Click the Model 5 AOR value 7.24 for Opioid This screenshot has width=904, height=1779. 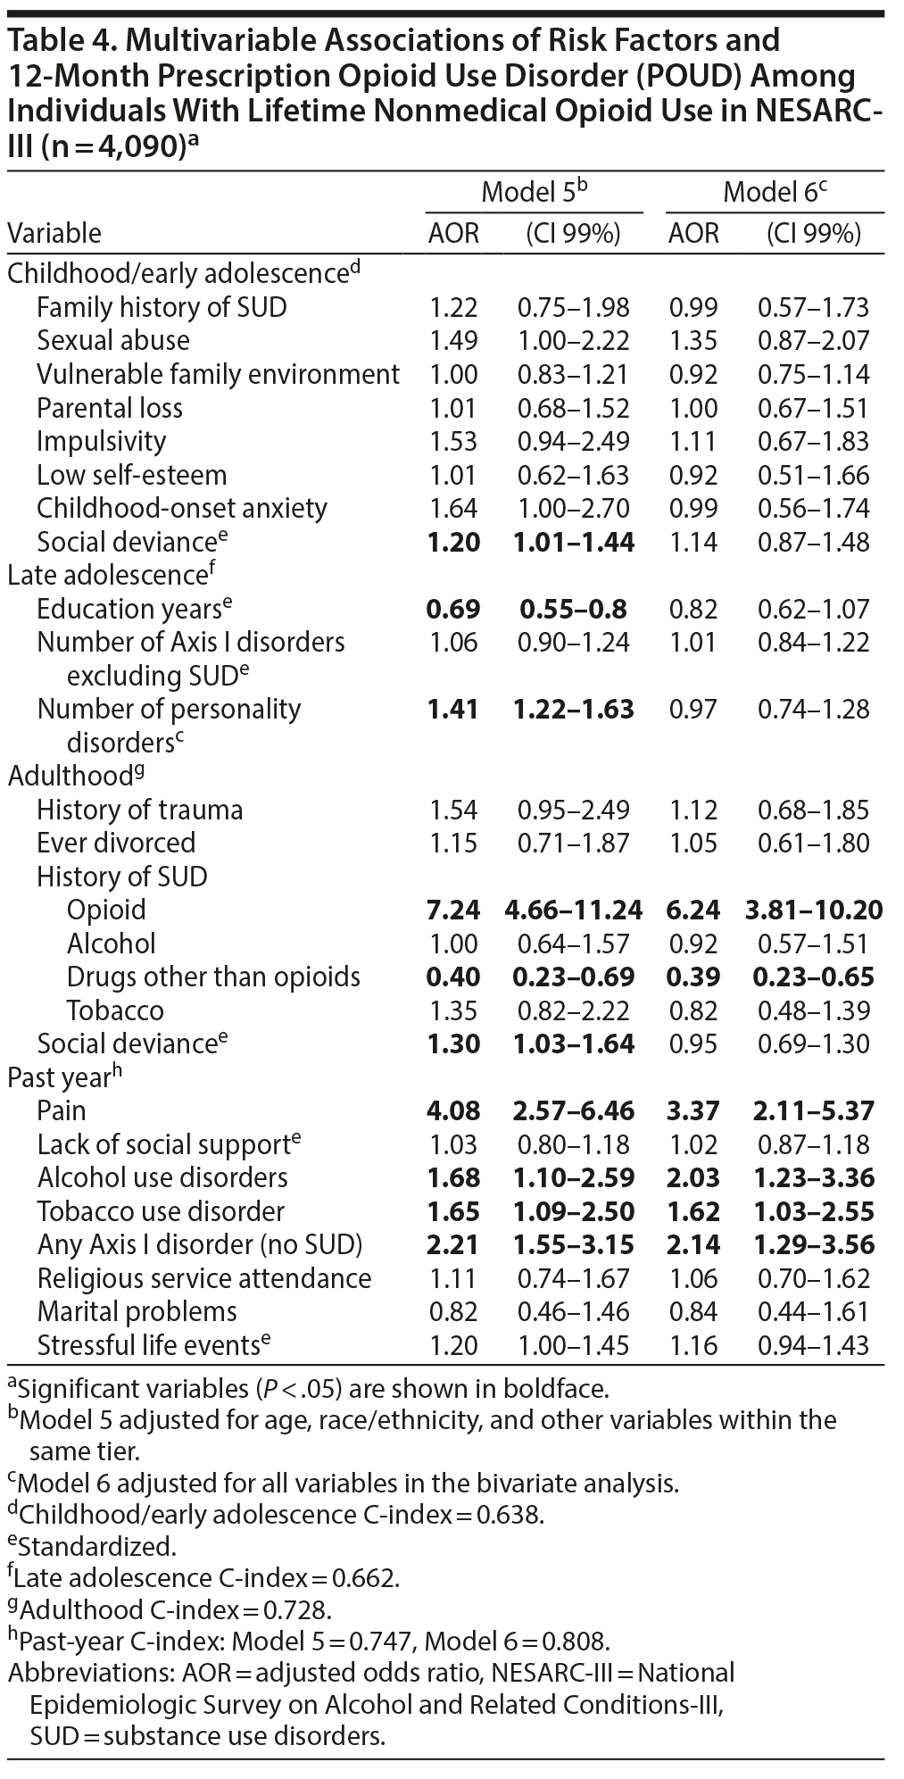click(x=453, y=910)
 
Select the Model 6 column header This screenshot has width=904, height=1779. click(x=774, y=191)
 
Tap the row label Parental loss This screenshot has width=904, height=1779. click(x=110, y=408)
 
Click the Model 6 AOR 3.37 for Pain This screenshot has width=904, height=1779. click(x=693, y=1110)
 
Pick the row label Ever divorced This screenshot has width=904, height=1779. click(x=116, y=843)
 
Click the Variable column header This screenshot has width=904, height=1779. click(x=54, y=234)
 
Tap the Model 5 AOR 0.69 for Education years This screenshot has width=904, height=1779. click(x=453, y=609)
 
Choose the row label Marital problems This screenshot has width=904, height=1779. click(x=137, y=1311)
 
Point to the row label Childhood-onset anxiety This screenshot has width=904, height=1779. click(x=182, y=508)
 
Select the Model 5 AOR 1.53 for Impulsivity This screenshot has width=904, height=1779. click(x=453, y=441)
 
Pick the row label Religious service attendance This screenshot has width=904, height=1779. click(x=204, y=1278)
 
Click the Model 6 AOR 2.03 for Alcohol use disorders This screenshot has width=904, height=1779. click(x=693, y=1177)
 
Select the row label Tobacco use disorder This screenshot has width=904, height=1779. click(x=161, y=1211)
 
